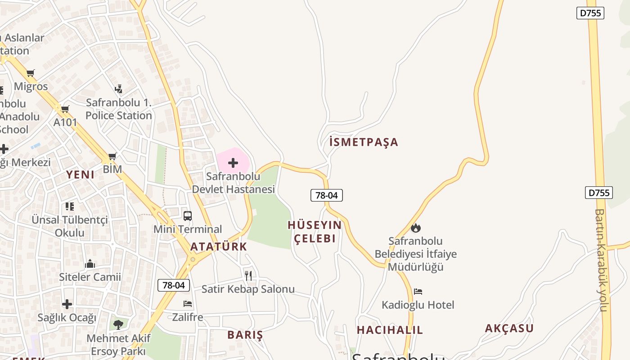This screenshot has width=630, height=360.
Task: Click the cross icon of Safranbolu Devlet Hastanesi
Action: point(233,162)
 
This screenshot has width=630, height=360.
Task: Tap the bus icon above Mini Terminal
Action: point(188,216)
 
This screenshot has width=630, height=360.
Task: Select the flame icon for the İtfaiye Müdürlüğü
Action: point(416,228)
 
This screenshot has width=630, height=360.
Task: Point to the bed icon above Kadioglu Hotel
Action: point(418,292)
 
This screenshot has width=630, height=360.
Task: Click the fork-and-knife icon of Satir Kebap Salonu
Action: point(248,275)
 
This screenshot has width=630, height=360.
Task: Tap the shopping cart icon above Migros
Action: point(31,73)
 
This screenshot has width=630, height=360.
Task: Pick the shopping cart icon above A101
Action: point(65,109)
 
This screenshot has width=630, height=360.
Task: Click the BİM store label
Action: point(112,169)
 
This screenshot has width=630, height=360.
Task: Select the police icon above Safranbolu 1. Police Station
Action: point(119,89)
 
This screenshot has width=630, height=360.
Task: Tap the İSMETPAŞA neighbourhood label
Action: point(364,142)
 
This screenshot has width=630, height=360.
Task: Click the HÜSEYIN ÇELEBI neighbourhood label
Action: point(315,231)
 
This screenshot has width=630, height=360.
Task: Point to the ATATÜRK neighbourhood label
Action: point(219,247)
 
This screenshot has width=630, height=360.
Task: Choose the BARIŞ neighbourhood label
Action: point(245,335)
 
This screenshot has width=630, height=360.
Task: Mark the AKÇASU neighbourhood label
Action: point(509,328)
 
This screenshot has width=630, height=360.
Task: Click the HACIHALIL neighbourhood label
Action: point(390,330)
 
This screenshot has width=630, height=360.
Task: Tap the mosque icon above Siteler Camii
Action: point(90,264)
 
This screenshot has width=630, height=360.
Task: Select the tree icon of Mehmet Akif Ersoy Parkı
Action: point(118,324)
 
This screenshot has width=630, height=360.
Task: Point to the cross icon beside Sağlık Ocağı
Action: point(67,305)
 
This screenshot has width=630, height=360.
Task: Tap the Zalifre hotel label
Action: point(188,317)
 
